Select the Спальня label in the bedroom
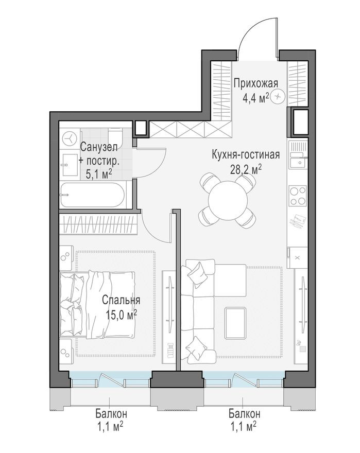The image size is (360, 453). pos(121,300)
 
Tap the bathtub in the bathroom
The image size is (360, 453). pos(92,196)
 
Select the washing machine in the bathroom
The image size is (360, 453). pos(69,138)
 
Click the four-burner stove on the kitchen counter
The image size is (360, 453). pos(297,196)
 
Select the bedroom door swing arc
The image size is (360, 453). pos(155,226)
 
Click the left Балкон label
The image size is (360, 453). pos(111,413)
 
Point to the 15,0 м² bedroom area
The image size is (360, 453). pos(121,313)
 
